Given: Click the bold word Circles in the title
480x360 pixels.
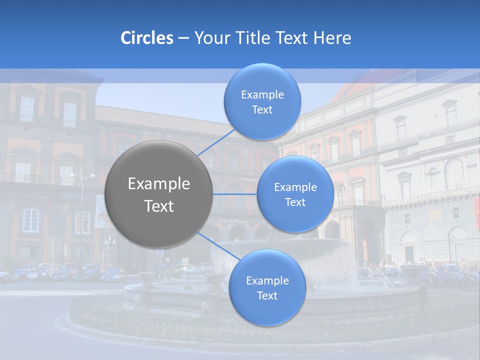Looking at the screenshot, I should coord(146,38).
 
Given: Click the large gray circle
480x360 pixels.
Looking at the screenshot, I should coord(159,194).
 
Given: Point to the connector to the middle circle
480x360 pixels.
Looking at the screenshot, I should coord(235,193).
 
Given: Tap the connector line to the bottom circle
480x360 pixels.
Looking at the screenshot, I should coord(217,245).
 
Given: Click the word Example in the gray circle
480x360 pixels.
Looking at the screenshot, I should coord(159,184).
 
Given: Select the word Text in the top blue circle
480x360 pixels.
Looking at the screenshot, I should coord(262,109).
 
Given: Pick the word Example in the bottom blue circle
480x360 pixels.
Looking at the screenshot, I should coord(267,280).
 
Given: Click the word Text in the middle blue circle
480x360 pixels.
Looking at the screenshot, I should coord(295,202).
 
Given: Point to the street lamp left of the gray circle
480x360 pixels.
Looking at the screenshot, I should coord(82,200).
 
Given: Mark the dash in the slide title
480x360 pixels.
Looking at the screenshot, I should coord(183,38).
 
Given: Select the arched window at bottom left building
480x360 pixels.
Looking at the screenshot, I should coord(30,220).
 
